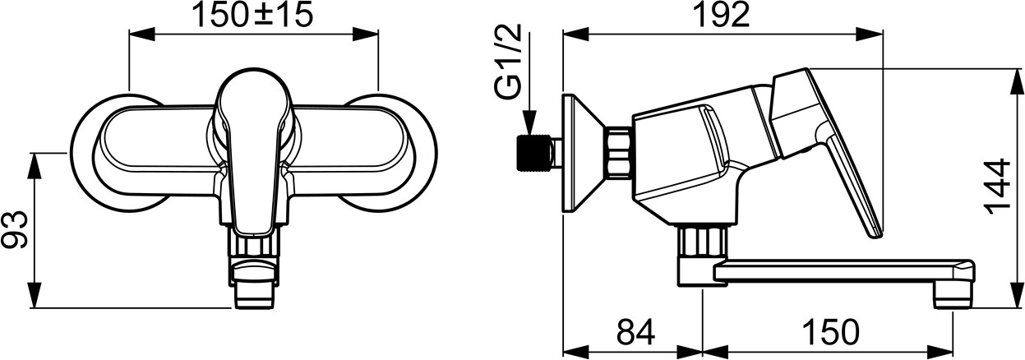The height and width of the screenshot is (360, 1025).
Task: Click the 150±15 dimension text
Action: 253,15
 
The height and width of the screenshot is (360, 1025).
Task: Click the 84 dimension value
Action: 635,333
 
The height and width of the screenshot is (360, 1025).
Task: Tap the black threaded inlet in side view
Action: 533,154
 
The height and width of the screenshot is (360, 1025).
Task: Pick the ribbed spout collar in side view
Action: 704,241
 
